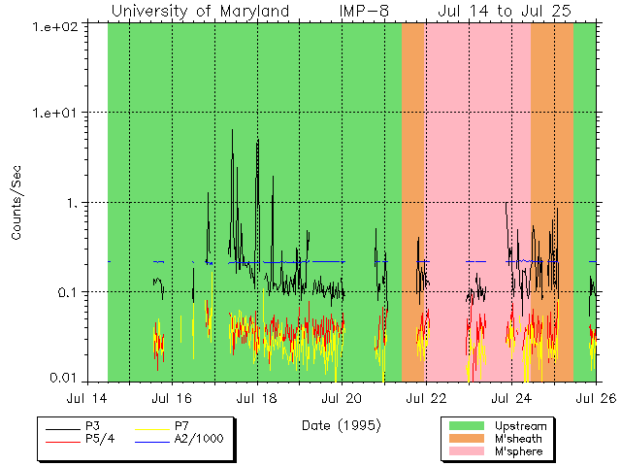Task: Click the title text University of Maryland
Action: [200, 11]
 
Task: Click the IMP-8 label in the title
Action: [364, 11]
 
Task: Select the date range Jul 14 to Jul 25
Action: [504, 11]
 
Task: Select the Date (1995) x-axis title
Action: [341, 424]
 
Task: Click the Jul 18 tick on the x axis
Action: [256, 397]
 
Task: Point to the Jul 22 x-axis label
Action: [425, 397]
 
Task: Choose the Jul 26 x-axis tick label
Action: [594, 397]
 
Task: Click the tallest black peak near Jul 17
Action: [232, 131]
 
